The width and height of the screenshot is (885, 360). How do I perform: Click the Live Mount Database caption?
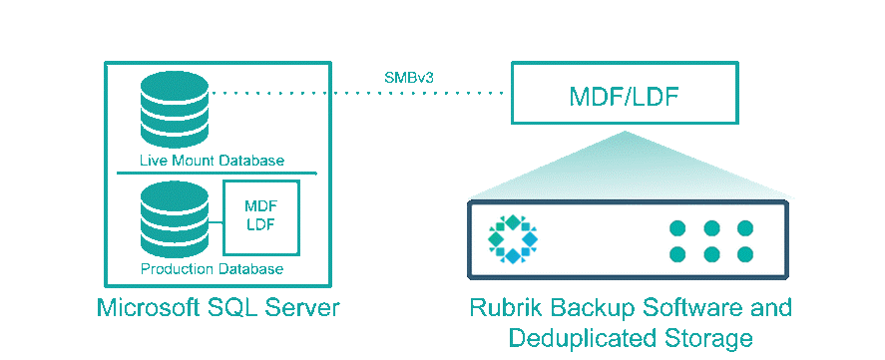[212, 161]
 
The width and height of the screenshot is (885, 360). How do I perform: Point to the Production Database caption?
[212, 269]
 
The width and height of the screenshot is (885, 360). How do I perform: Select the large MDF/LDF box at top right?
[625, 96]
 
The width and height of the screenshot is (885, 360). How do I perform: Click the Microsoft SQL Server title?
[219, 307]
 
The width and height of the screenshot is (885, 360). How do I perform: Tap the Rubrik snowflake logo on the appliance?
[512, 238]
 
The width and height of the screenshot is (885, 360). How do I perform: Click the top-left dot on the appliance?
[677, 228]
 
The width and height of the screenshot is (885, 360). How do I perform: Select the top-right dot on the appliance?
[745, 228]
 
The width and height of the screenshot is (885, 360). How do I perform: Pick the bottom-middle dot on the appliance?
[711, 254]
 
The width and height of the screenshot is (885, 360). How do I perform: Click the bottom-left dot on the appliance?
[677, 254]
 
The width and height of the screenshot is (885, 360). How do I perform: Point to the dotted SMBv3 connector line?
[359, 94]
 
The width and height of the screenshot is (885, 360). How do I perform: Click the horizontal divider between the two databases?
[218, 174]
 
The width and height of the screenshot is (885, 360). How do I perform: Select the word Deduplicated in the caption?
[578, 338]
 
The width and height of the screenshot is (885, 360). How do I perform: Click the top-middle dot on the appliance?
[711, 228]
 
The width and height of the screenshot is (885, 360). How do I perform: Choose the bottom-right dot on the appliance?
[745, 254]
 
